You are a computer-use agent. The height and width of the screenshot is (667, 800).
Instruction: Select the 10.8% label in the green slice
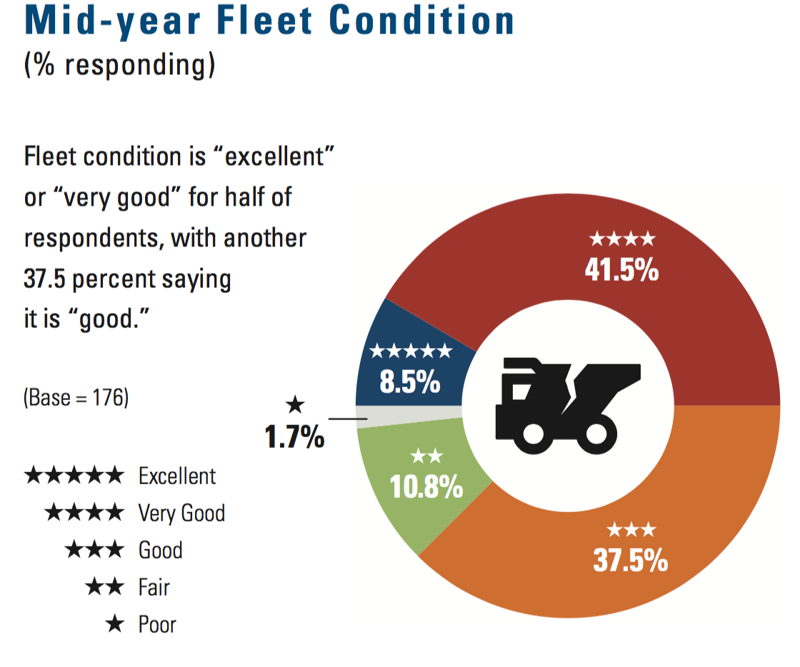coord(426,488)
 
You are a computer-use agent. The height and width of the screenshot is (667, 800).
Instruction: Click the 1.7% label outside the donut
coord(294,437)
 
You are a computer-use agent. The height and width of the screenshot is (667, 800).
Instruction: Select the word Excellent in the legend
coord(177,476)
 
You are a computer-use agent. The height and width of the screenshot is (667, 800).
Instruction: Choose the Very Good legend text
coord(181,513)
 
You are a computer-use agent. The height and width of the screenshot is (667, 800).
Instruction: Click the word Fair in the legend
coord(154,588)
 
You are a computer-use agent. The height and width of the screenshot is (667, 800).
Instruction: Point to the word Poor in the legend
coord(157,626)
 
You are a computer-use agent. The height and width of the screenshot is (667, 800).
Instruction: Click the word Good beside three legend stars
coord(161,551)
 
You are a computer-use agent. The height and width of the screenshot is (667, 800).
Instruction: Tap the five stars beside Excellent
coord(74,476)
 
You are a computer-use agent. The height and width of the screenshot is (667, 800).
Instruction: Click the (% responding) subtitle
coord(119,66)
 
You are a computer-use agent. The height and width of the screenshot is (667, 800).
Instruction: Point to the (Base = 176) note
coord(76,398)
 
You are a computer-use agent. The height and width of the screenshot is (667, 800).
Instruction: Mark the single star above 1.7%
coord(294,406)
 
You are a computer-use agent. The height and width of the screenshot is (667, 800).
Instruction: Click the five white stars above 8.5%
coord(410,351)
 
